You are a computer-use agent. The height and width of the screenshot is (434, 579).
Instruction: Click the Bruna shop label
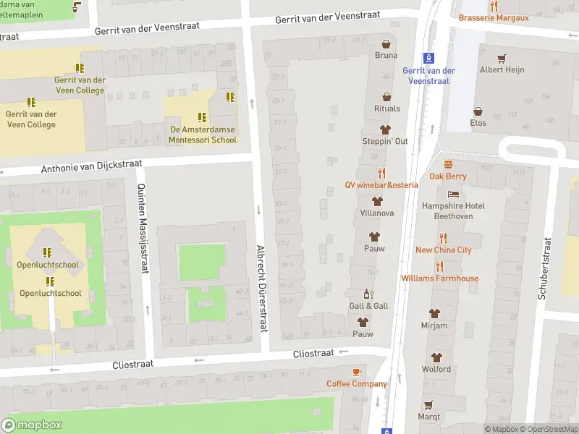pyautogui.click(x=386, y=55)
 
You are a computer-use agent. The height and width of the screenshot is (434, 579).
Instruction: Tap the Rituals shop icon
pyautogui.click(x=386, y=97)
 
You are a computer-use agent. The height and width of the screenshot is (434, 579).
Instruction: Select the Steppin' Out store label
pyautogui.click(x=385, y=141)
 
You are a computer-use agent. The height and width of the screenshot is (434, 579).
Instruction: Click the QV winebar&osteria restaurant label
pyautogui.click(x=381, y=184)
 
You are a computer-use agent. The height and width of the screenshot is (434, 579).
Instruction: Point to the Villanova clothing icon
pyautogui.click(x=376, y=201)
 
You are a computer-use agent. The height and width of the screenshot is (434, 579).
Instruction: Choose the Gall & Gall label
pyautogui.click(x=368, y=306)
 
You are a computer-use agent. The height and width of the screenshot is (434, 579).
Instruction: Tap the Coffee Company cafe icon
pyautogui.click(x=356, y=372)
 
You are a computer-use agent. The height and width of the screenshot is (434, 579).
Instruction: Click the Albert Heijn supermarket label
pyautogui.click(x=502, y=70)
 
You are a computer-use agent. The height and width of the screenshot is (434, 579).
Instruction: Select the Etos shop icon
pyautogui.click(x=478, y=111)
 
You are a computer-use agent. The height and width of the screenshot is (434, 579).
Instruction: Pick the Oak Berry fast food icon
pyautogui.click(x=448, y=164)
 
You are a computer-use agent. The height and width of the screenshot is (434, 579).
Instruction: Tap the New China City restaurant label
pyautogui.click(x=443, y=250)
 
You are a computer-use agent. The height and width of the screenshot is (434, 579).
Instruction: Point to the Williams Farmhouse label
pyautogui.click(x=439, y=278)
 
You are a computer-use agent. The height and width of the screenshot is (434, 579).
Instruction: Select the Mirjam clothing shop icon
pyautogui.click(x=434, y=314)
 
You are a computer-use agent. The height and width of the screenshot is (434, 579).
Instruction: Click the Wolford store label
pyautogui.click(x=436, y=369)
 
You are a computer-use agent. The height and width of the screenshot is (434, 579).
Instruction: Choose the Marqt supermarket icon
pyautogui.click(x=428, y=404)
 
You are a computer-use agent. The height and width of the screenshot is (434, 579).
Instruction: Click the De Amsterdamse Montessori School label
pyautogui.click(x=203, y=135)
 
